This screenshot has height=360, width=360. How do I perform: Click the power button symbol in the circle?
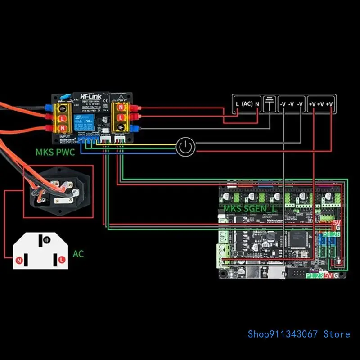pyautogui.click(x=185, y=147)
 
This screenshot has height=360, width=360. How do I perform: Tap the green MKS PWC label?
pyautogui.click(x=55, y=152)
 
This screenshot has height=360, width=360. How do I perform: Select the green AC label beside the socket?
pyautogui.click(x=78, y=254)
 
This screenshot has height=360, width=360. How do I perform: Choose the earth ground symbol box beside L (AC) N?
pyautogui.click(x=269, y=104)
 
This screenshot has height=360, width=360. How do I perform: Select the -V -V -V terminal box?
pyautogui.click(x=291, y=104)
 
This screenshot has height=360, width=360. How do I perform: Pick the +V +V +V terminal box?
pyautogui.click(x=321, y=104)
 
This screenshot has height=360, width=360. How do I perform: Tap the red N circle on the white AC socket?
pyautogui.click(x=19, y=261)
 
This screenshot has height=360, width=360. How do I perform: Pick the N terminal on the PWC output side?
pyautogui.click(x=120, y=108)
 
